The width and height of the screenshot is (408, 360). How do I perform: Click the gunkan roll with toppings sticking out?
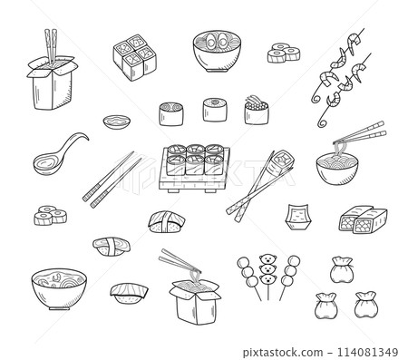(257, 114)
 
